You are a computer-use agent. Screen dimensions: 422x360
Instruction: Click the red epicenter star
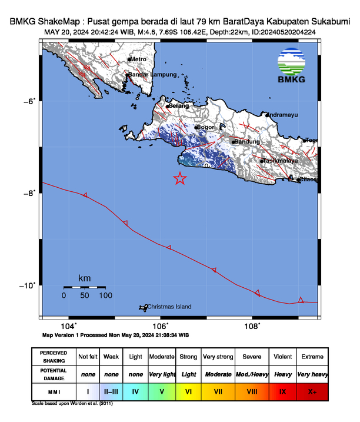180,179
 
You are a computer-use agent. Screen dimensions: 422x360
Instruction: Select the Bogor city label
206,127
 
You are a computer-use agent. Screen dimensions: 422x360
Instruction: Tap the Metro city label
138,59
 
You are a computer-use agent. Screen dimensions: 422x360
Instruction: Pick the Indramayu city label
284,115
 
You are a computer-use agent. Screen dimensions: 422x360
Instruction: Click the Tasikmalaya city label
281,161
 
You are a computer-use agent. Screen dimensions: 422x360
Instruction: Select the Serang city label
179,107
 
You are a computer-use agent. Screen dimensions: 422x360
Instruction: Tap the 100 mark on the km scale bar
105,295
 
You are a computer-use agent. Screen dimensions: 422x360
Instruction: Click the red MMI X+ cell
312,390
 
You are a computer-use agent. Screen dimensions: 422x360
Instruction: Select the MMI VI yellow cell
189,390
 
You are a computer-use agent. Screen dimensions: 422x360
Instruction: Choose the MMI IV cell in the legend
136,390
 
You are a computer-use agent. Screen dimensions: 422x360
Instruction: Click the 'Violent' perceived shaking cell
282,357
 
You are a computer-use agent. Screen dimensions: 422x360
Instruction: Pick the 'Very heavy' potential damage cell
312,374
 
